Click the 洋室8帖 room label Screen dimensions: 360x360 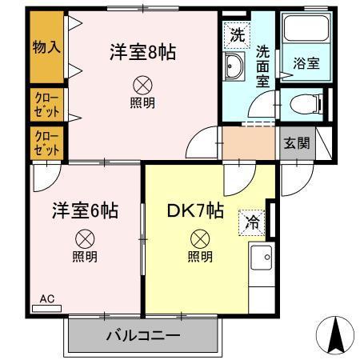pyautogui.click(x=142, y=54)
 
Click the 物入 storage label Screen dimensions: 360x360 pyautogui.click(x=46, y=48)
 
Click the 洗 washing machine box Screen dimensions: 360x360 pyautogui.click(x=238, y=34)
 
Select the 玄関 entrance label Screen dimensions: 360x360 pyautogui.click(x=296, y=144)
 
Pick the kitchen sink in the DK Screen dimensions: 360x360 pyautogui.click(x=261, y=258)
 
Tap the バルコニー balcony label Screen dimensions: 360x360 pyautogui.click(x=142, y=336)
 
